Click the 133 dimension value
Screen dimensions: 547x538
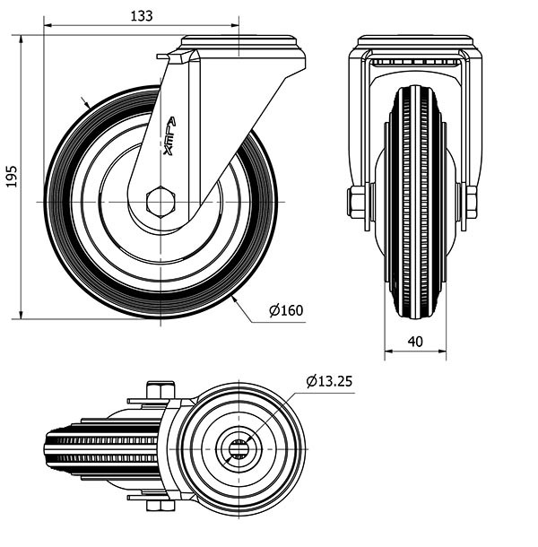(x=141, y=15)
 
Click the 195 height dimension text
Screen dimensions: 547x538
(x=11, y=177)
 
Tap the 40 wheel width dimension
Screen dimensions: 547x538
(x=414, y=341)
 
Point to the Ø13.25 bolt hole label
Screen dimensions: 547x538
(x=328, y=381)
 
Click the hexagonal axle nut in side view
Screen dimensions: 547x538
(x=161, y=201)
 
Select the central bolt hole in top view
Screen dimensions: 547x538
(x=240, y=448)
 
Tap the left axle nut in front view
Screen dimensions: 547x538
(x=357, y=201)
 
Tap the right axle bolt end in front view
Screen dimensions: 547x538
(x=472, y=201)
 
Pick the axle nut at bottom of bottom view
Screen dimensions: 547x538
(x=158, y=505)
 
